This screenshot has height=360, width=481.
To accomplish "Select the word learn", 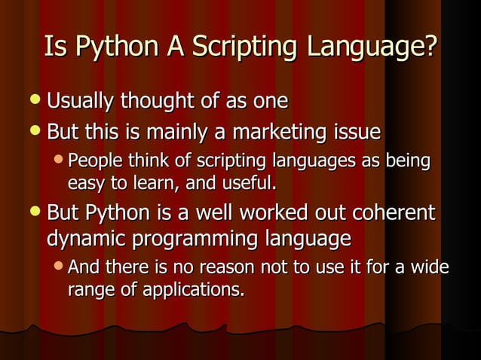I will coord(144,182).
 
